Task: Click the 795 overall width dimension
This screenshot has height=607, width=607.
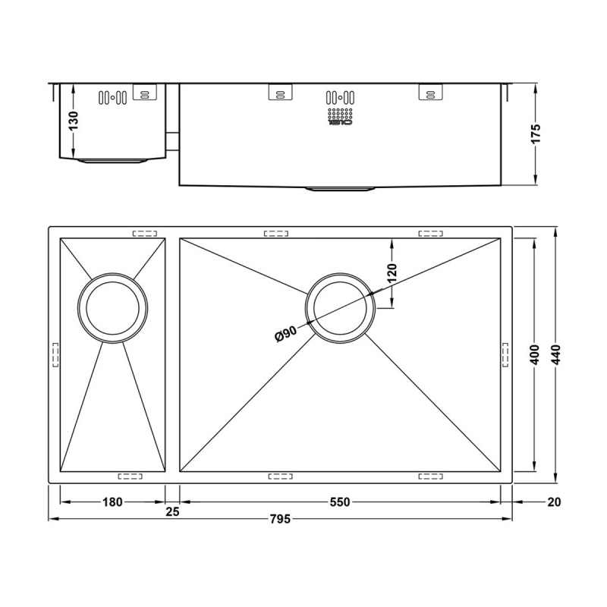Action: coord(280,520)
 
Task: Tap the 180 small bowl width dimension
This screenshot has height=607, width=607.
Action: coord(112,502)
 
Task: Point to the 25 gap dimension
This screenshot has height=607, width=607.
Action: coord(172,512)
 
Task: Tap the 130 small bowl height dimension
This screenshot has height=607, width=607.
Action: coord(73,121)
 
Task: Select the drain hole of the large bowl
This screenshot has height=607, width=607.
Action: coord(340,307)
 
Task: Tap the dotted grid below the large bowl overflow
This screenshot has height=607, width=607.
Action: coord(340,117)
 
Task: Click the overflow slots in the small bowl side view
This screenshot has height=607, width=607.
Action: coord(112,97)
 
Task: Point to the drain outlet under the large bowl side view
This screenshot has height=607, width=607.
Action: coord(340,187)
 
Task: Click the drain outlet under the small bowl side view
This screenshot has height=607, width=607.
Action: coord(112,161)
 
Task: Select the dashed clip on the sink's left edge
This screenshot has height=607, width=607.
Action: coord(55,355)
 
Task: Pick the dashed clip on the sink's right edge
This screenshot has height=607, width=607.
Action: coord(505,355)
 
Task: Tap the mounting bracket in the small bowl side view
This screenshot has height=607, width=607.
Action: coord(144,92)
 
